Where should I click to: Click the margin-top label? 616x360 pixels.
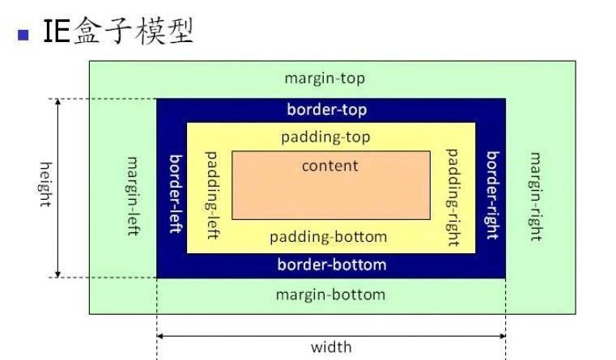[x=325, y=78]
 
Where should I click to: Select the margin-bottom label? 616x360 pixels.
[x=330, y=294]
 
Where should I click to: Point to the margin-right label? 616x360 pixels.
[x=535, y=196]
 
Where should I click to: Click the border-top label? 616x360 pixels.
[x=327, y=109]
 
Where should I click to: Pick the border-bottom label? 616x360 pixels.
[x=332, y=265]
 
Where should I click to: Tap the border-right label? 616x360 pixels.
[x=491, y=194]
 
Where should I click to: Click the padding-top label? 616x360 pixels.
[x=325, y=137]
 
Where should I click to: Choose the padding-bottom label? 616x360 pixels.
[x=328, y=237]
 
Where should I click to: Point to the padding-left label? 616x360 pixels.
[x=213, y=192]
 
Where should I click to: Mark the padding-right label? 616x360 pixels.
[x=452, y=197]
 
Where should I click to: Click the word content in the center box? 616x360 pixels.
[x=329, y=166]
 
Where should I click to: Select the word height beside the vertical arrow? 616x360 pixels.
[x=45, y=184]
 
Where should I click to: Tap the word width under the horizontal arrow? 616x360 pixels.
[x=331, y=347]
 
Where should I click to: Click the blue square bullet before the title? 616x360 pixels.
[x=23, y=35]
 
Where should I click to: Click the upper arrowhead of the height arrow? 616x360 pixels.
[x=58, y=104]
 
